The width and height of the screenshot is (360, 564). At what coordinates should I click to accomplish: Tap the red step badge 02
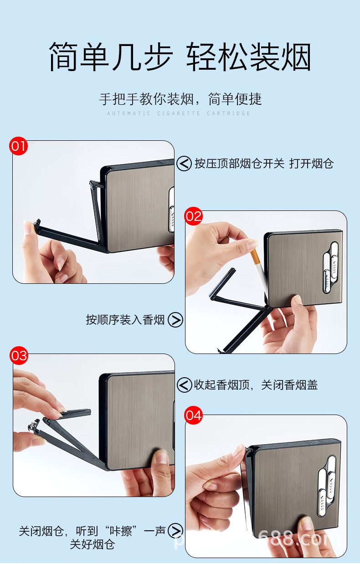pyautogui.click(x=193, y=216)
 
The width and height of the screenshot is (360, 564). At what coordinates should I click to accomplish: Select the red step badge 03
pyautogui.click(x=19, y=355)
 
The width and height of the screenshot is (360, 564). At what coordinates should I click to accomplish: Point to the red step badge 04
pyautogui.click(x=193, y=415)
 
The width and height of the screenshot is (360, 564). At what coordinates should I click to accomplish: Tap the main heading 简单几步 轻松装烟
pyautogui.click(x=180, y=57)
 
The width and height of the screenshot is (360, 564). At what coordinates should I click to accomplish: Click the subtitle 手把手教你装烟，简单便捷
pyautogui.click(x=180, y=99)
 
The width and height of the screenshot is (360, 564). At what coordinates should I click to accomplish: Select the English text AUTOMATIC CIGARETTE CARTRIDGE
pyautogui.click(x=179, y=113)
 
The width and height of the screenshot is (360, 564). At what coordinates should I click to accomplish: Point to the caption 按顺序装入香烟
pyautogui.click(x=125, y=320)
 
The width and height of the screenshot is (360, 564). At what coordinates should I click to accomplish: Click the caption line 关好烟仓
pyautogui.click(x=92, y=544)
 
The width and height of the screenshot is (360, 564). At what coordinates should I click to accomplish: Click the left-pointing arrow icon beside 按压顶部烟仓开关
pyautogui.click(x=184, y=164)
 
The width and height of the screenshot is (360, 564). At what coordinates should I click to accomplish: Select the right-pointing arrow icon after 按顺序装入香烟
pyautogui.click(x=175, y=320)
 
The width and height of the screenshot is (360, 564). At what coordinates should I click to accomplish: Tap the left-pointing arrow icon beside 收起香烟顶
pyautogui.click(x=184, y=385)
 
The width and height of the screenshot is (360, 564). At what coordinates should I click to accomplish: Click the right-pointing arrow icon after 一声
pyautogui.click(x=175, y=531)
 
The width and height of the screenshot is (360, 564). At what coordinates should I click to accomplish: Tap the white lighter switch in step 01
pyautogui.click(x=172, y=210)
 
